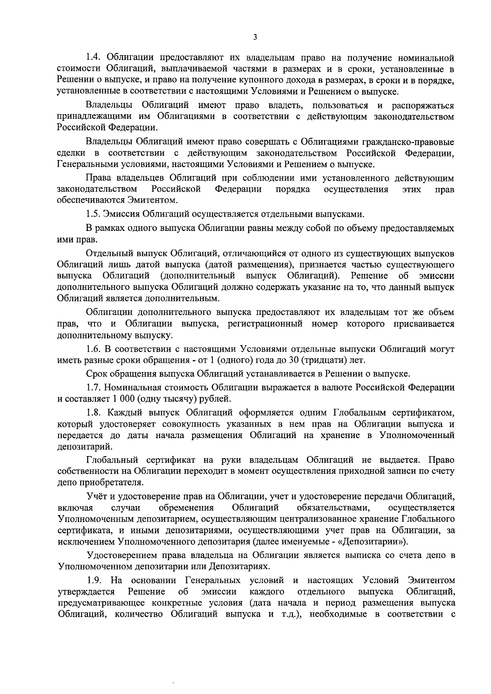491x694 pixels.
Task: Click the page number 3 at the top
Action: [x=255, y=37]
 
